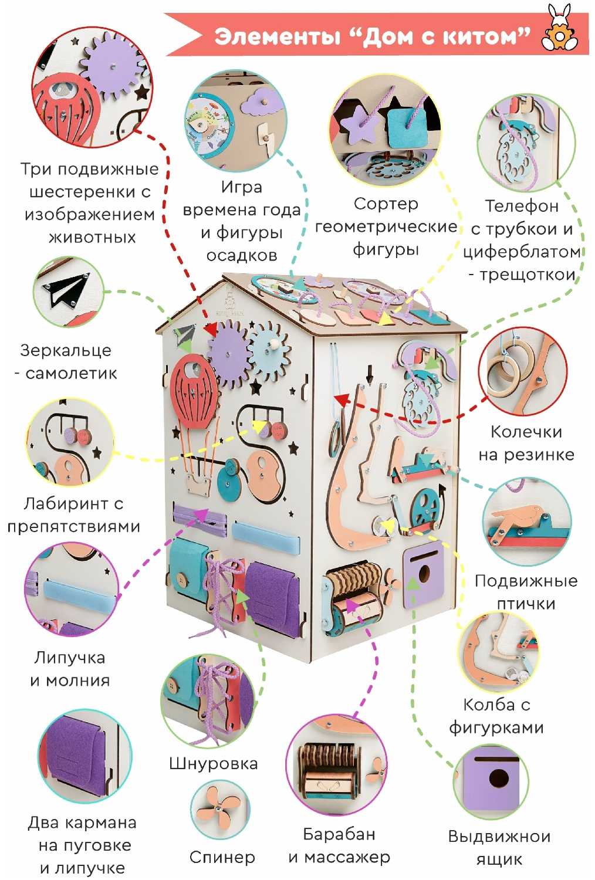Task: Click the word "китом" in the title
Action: tap(480, 37)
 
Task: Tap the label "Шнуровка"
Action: tap(213, 763)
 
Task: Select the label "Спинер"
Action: tap(222, 857)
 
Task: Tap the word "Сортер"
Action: tap(386, 204)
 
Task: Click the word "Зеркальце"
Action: tap(65, 350)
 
